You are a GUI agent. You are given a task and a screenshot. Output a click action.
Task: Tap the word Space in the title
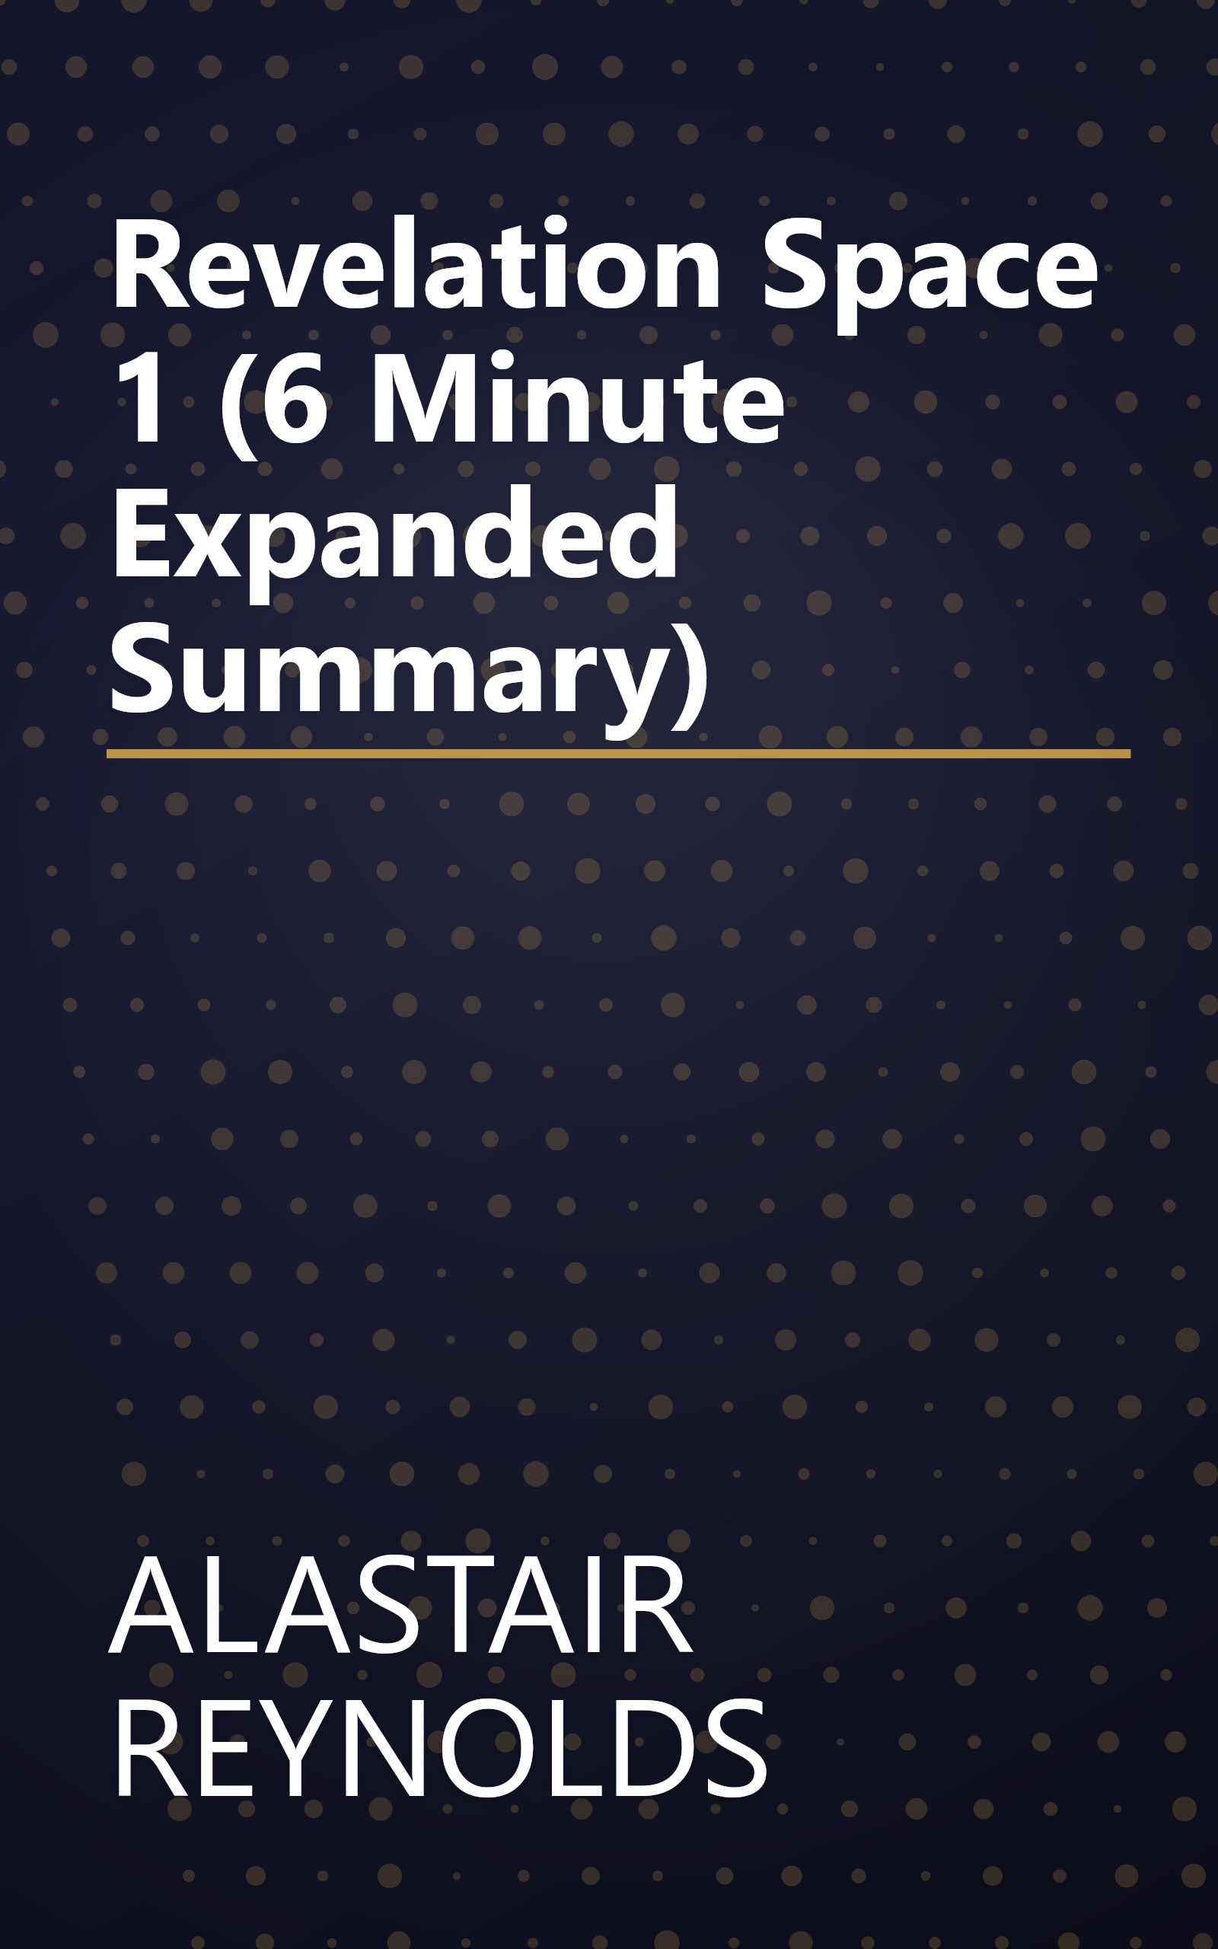point(929,270)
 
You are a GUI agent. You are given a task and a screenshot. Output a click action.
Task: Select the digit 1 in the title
point(142,400)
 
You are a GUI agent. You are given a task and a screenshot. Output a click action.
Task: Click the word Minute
point(576,400)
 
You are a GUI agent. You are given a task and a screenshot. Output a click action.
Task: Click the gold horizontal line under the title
point(618,754)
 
